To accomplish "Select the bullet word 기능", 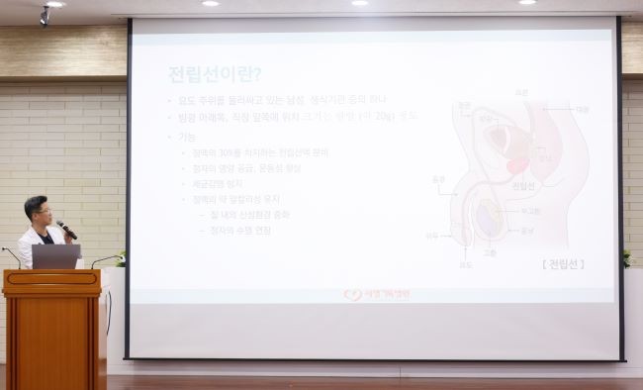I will point(187,135).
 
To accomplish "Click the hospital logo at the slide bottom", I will point(376,294).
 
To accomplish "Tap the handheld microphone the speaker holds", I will point(66,230).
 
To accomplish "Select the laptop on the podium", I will point(55,256).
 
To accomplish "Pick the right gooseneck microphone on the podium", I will point(105,258).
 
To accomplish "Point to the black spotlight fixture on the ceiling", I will point(45,15).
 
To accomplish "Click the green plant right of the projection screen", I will point(627,257).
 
